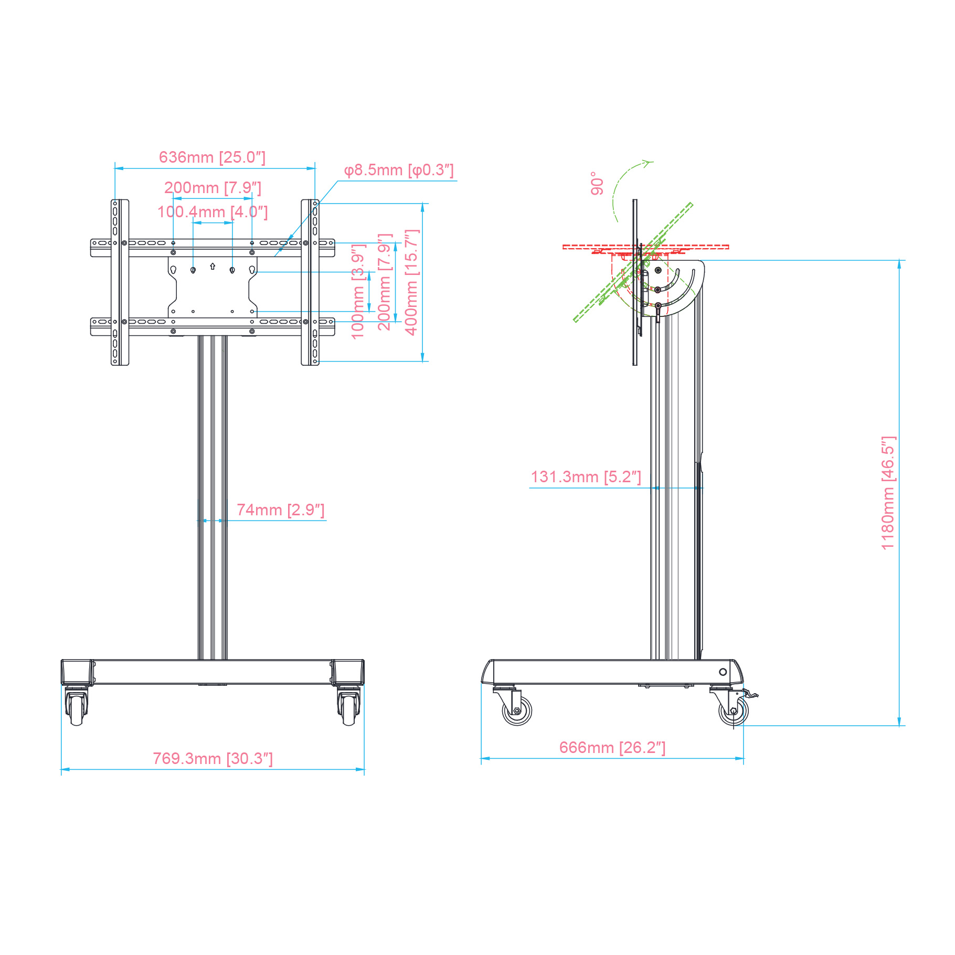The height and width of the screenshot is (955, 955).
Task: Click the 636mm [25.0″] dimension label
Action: [212, 157]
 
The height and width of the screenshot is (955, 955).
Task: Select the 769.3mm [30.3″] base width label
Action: [213, 759]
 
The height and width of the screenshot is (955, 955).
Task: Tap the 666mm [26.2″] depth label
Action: [612, 748]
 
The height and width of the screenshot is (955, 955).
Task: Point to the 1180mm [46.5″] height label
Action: [888, 493]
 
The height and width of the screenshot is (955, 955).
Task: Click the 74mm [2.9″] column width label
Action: [281, 510]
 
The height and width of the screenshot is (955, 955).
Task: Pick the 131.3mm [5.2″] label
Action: [586, 477]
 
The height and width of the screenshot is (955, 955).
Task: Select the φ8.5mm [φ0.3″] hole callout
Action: [399, 170]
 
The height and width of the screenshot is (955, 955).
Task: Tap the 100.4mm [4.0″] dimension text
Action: [213, 212]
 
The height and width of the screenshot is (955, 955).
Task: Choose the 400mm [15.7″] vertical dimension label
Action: [411, 282]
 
